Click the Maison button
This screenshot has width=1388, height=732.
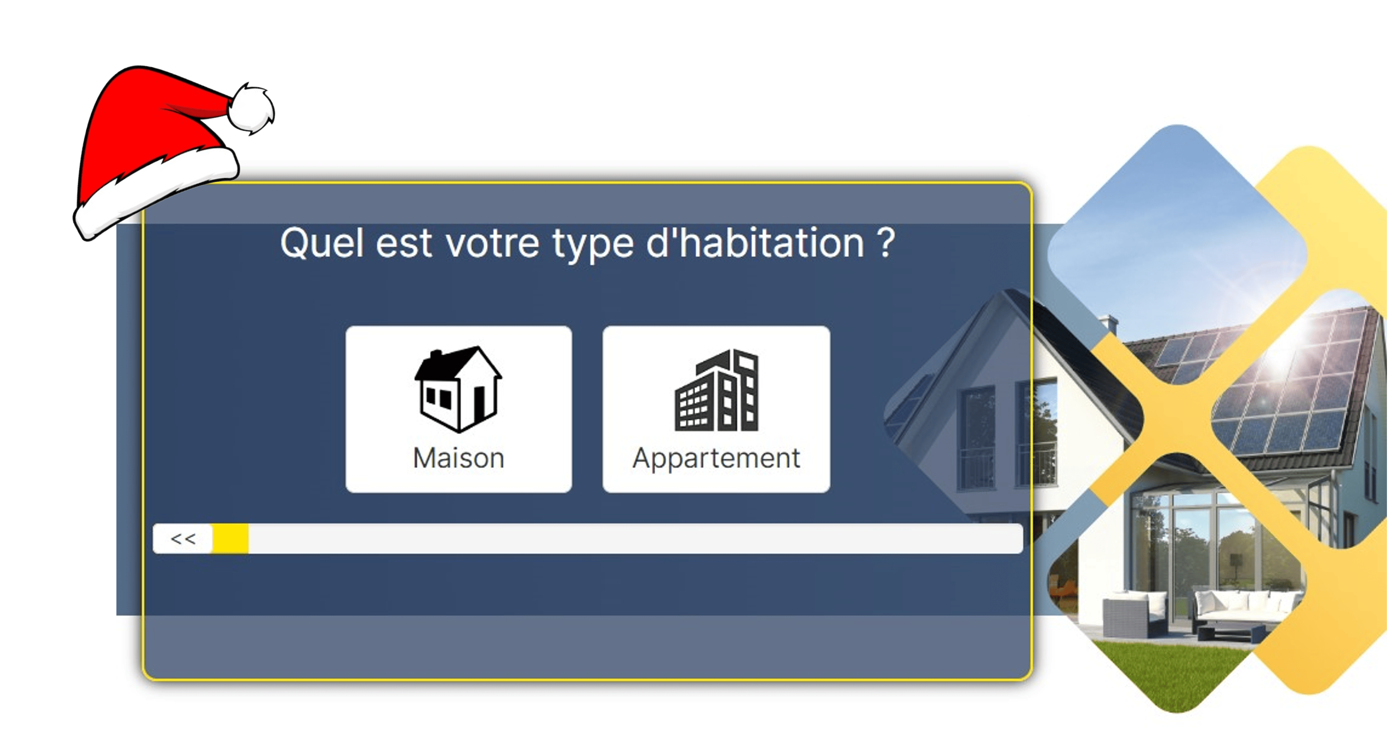459,409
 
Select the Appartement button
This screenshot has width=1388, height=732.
716,409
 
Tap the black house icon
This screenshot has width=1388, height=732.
458,389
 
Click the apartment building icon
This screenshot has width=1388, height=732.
717,390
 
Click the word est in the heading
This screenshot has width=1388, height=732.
404,244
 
